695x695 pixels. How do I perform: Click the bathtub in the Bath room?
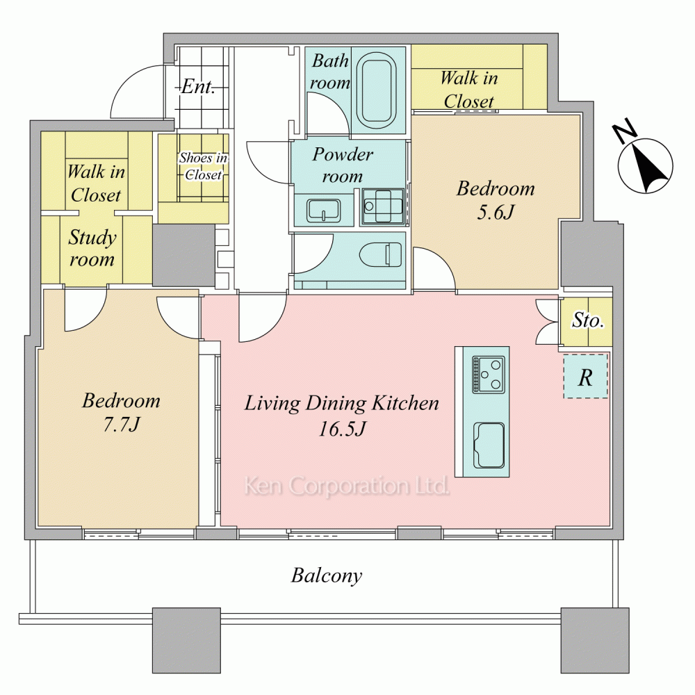point(379,91)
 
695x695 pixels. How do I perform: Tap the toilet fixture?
point(381,254)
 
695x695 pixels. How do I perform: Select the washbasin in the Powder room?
point(324,210)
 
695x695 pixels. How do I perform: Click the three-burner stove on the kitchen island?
point(489,375)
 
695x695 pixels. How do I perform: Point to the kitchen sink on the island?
point(489,445)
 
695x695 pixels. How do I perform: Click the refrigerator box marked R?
point(585,376)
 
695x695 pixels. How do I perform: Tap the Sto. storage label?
point(588,320)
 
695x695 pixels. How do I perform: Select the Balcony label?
point(327,575)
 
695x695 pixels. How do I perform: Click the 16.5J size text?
point(342,429)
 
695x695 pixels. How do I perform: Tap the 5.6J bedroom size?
point(496,212)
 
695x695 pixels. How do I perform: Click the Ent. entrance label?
point(198,86)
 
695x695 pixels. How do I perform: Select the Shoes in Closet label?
point(204,166)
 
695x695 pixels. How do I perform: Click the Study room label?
point(92,248)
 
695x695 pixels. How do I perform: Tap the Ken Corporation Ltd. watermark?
point(347,486)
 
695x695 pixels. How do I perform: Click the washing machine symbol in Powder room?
point(383,206)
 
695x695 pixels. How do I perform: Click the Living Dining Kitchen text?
point(342,403)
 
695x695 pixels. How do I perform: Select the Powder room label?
point(343,165)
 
